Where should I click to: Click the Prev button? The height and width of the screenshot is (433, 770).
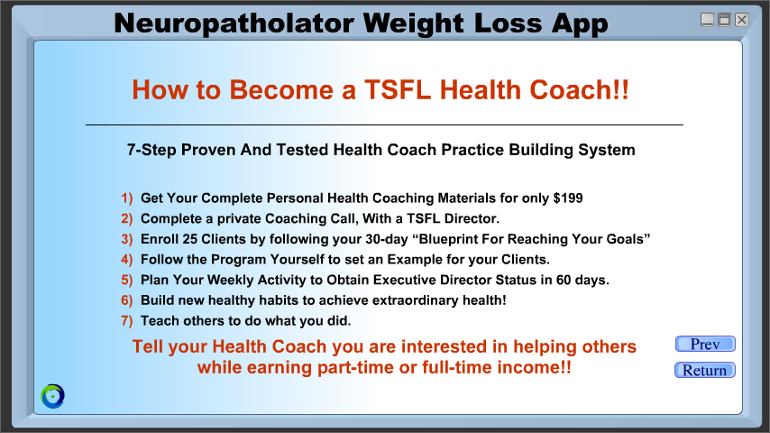pyautogui.click(x=705, y=344)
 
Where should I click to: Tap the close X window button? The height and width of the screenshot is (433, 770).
pyautogui.click(x=741, y=20)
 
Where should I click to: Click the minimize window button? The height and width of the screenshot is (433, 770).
pyautogui.click(x=707, y=20)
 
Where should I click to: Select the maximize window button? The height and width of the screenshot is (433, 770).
pyautogui.click(x=724, y=20)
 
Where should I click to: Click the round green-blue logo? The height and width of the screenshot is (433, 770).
pyautogui.click(x=52, y=396)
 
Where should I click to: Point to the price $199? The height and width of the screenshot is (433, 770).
pyautogui.click(x=568, y=198)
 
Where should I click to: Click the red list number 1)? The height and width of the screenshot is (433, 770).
pyautogui.click(x=127, y=198)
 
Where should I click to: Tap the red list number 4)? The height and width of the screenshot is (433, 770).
pyautogui.click(x=127, y=260)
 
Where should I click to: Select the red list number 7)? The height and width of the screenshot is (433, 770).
pyautogui.click(x=127, y=321)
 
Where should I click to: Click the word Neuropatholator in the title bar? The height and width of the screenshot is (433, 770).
pyautogui.click(x=234, y=23)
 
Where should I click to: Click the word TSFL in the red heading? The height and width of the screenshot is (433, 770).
pyautogui.click(x=398, y=90)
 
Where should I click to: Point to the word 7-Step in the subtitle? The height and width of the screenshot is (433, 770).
pyautogui.click(x=151, y=150)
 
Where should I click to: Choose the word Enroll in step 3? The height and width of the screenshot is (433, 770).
pyautogui.click(x=159, y=239)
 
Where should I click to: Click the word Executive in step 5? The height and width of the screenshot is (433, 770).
pyautogui.click(x=404, y=280)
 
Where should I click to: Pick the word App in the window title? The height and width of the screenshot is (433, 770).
pyautogui.click(x=580, y=24)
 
